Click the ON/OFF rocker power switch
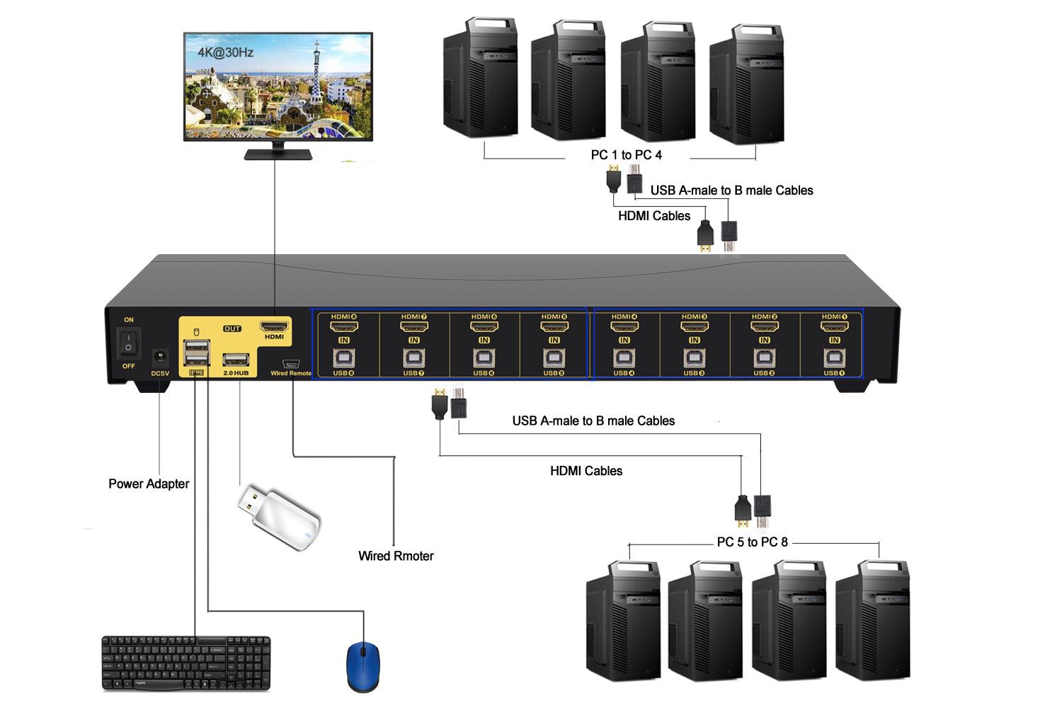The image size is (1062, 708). [128, 343]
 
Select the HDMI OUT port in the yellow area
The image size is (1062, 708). [274, 326]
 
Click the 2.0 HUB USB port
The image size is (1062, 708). [236, 358]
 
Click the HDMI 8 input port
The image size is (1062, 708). [344, 327]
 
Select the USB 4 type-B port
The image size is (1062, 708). [624, 357]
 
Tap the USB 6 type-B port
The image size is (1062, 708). [484, 357]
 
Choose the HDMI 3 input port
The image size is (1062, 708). [694, 327]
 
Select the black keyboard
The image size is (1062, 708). [186, 663]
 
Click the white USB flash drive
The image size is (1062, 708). [280, 517]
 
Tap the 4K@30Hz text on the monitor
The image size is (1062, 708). [226, 52]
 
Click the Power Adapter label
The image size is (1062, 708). [149, 484]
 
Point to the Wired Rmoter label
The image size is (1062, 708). [396, 556]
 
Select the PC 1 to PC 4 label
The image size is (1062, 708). [627, 155]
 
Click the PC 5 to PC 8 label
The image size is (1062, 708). [752, 542]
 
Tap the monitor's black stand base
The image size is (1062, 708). [274, 154]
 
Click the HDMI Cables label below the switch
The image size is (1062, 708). [586, 471]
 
